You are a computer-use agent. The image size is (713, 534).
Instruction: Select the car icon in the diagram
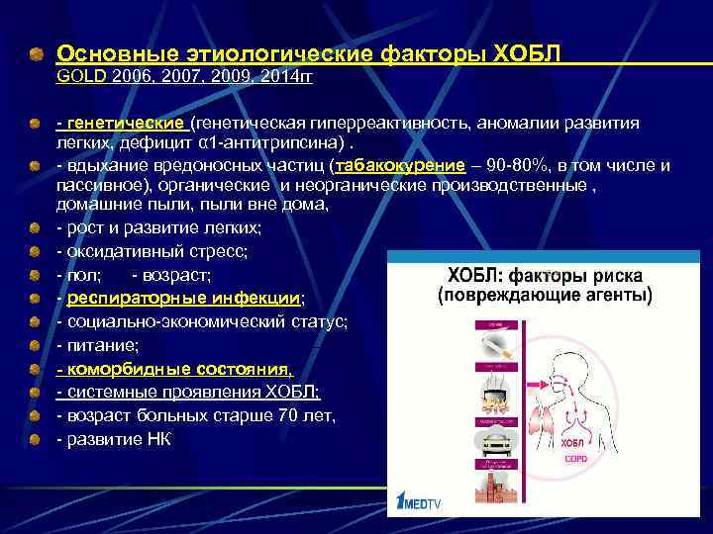[x=494, y=441]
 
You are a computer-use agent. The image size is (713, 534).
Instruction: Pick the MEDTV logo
[x=425, y=502]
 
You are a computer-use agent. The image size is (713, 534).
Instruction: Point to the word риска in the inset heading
[x=614, y=275]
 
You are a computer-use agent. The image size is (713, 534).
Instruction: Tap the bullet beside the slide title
[x=36, y=51]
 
